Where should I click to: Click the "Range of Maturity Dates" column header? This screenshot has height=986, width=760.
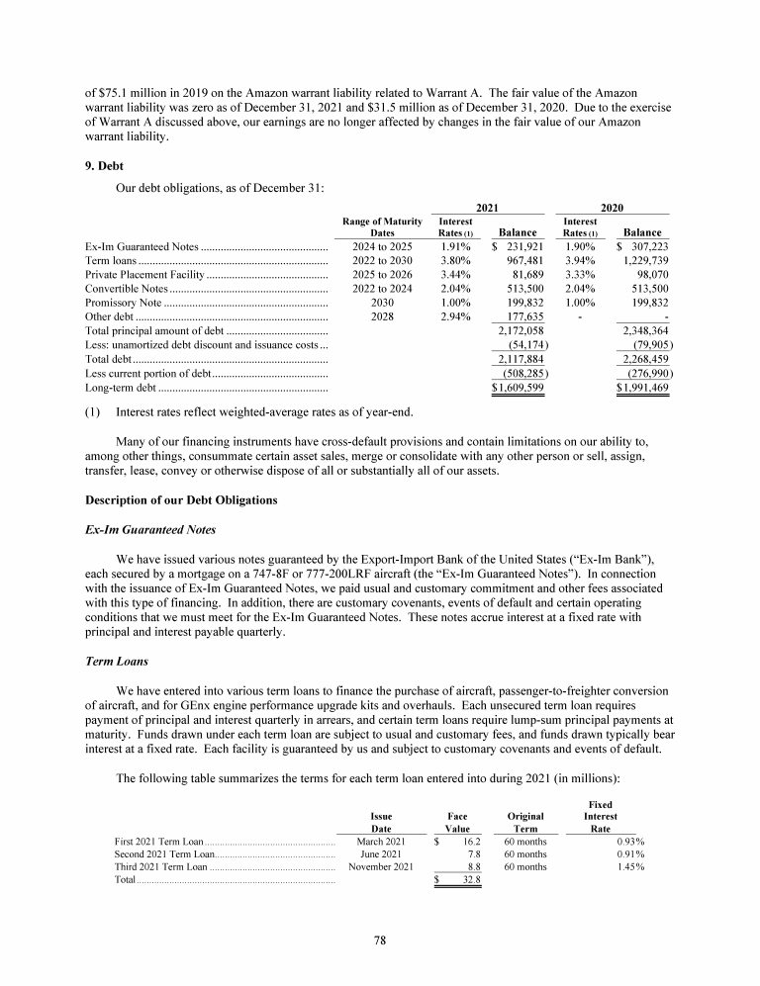pyautogui.click(x=381, y=226)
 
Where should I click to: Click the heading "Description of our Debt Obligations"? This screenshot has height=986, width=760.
pyautogui.click(x=180, y=498)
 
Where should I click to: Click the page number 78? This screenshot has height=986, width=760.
pyautogui.click(x=380, y=941)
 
